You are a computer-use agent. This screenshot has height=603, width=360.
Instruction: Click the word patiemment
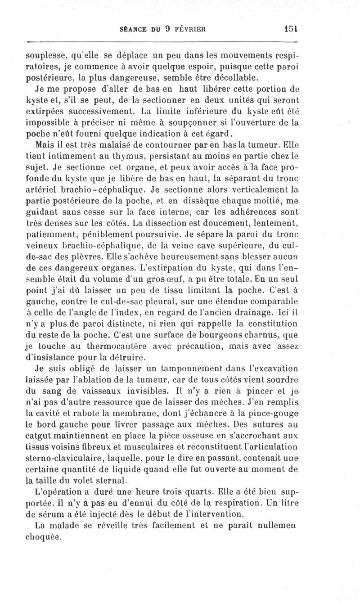[x=52, y=234]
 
